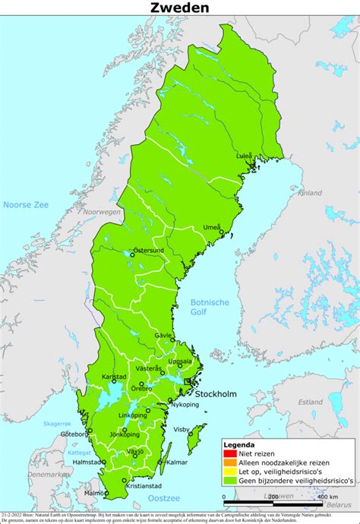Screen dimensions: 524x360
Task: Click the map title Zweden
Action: tap(179, 8)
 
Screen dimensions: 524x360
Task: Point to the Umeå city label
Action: tap(213, 227)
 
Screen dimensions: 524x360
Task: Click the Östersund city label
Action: tap(149, 249)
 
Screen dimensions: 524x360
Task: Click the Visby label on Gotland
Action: tap(182, 429)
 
